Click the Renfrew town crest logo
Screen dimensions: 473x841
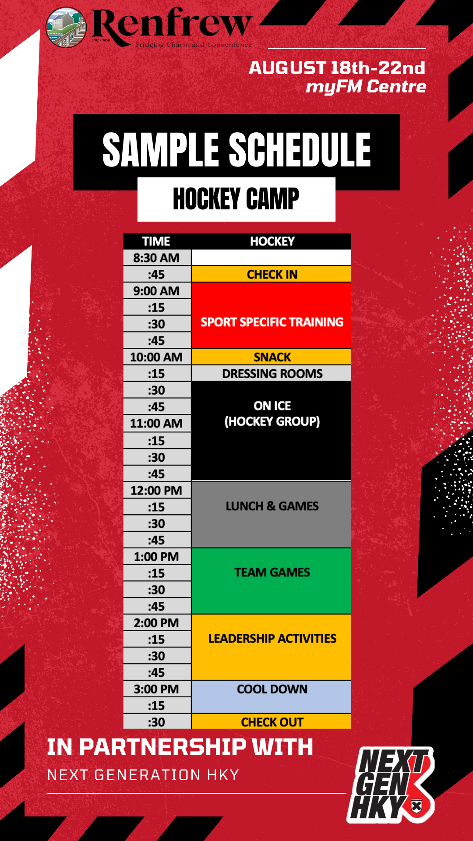(x=66, y=27)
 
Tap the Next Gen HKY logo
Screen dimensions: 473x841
(x=391, y=784)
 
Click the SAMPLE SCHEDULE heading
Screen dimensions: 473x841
(x=236, y=150)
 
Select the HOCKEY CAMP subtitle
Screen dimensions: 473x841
(x=236, y=199)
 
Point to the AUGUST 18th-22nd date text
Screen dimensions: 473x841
(x=337, y=68)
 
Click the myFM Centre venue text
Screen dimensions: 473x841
(x=366, y=87)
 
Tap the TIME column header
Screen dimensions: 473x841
(x=156, y=241)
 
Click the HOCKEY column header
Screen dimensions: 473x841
(x=272, y=241)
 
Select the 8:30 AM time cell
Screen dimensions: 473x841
(x=157, y=258)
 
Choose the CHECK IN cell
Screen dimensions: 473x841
(x=272, y=274)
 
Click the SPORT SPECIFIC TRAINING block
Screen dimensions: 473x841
(x=272, y=315)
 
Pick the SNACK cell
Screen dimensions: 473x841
(x=272, y=357)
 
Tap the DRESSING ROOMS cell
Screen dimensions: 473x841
(x=272, y=374)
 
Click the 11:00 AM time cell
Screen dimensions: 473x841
(x=157, y=424)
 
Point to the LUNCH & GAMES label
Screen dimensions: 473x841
(x=272, y=506)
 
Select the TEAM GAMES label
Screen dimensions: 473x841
(x=272, y=572)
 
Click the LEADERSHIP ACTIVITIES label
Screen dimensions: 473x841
(x=272, y=638)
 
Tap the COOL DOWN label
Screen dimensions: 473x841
(x=272, y=689)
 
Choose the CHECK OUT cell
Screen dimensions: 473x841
(x=272, y=721)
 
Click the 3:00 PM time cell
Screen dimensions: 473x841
(x=157, y=689)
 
